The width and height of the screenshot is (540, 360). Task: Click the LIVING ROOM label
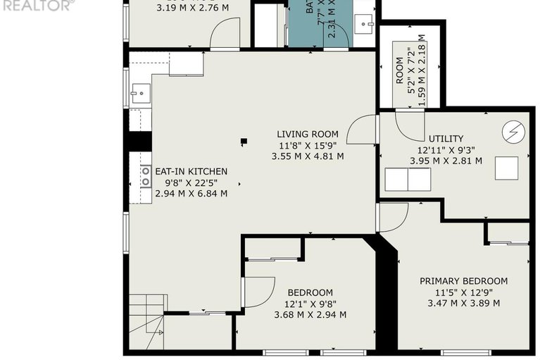307,134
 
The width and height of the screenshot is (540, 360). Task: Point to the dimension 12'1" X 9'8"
310,304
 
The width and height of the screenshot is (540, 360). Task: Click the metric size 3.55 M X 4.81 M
307,156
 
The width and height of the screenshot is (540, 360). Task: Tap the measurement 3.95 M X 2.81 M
446,161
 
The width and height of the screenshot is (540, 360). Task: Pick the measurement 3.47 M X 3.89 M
463,303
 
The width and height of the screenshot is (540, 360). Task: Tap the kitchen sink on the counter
141,92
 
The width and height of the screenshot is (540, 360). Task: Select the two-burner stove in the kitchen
146,178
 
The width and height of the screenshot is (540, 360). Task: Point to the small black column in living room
244,141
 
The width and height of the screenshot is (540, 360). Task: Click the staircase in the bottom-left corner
148,322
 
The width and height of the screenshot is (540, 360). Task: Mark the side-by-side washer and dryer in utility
409,180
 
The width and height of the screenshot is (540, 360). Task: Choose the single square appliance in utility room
506,168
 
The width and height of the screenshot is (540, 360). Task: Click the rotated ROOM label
399,70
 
